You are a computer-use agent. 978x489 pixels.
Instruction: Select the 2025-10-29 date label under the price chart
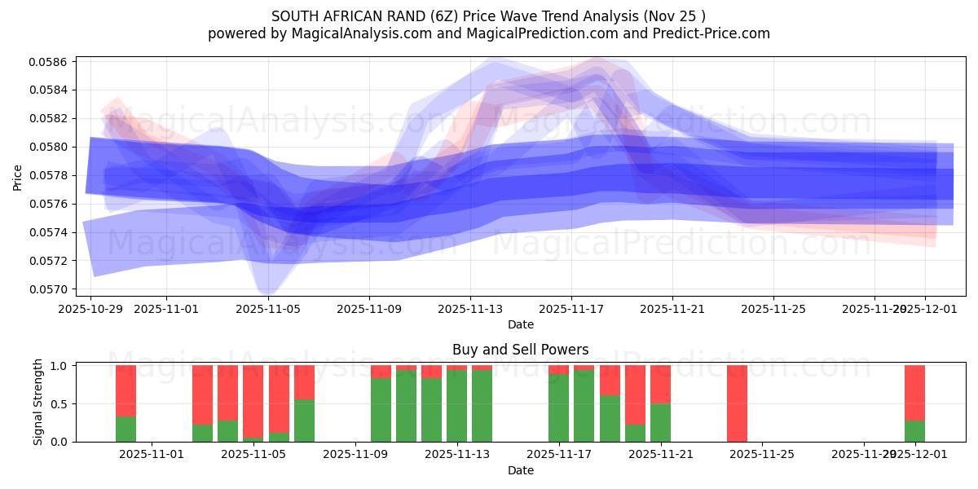(91, 309)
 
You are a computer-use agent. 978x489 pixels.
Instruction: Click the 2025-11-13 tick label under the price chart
(470, 309)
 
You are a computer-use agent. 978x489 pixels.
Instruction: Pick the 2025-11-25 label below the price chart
(773, 309)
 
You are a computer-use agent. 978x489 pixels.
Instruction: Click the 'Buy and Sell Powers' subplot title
(520, 350)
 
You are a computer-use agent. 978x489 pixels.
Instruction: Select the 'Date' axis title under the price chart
(520, 324)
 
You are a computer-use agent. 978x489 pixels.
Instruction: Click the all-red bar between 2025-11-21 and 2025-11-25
(737, 403)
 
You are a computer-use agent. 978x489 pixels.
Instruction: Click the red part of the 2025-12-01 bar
(914, 392)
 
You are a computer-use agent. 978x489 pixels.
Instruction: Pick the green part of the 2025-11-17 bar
(558, 407)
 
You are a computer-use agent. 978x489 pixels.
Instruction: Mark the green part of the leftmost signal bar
(126, 429)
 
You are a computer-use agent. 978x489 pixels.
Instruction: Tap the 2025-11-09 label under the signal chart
(356, 455)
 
